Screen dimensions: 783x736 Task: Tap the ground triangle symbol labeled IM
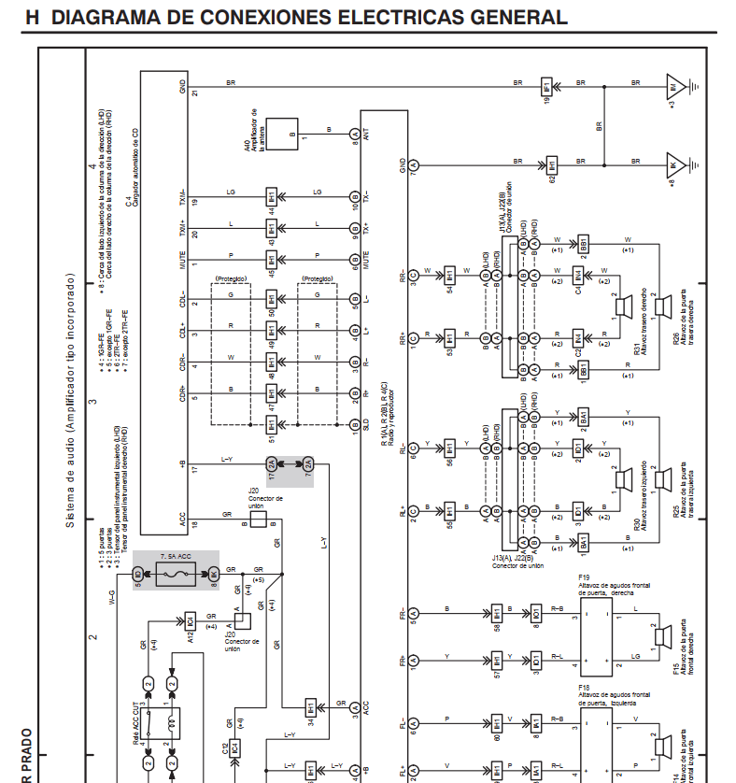pyautogui.click(x=674, y=87)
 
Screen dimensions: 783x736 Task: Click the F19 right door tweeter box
pyautogui.click(x=597, y=636)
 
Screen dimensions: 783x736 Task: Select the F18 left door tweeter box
pyautogui.click(x=597, y=738)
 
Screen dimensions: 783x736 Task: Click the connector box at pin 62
pyautogui.click(x=552, y=165)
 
